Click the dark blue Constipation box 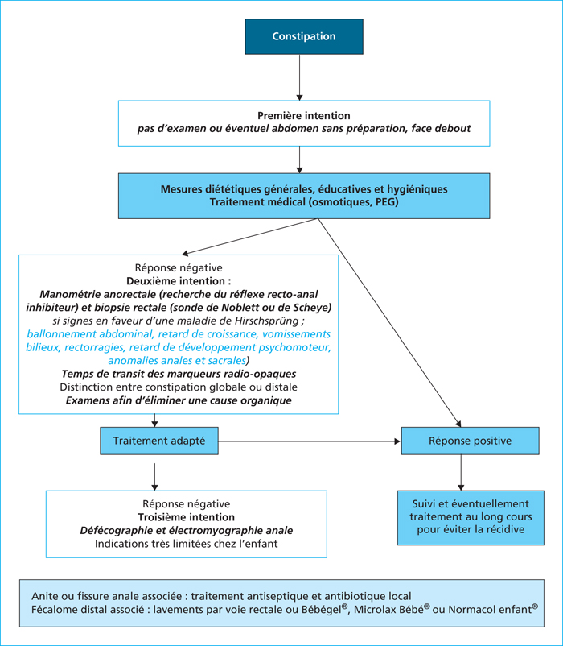coord(304,36)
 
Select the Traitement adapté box coord(159,441)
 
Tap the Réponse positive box coord(470,441)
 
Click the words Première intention coord(304,116)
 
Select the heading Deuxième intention coord(175,281)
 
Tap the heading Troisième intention coord(187,517)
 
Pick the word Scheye coord(312,308)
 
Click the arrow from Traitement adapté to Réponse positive coord(310,441)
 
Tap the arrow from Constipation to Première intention coord(299,77)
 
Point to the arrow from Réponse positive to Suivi coord(461,473)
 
